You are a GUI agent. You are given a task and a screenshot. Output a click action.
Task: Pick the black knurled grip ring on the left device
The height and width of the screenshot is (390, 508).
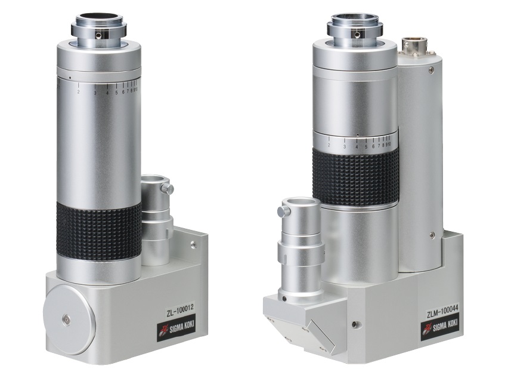[99, 231]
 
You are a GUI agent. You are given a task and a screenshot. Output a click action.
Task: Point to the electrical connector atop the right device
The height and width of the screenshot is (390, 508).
[414, 46]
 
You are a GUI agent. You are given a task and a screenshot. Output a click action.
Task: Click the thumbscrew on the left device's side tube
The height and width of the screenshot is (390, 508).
[168, 188]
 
